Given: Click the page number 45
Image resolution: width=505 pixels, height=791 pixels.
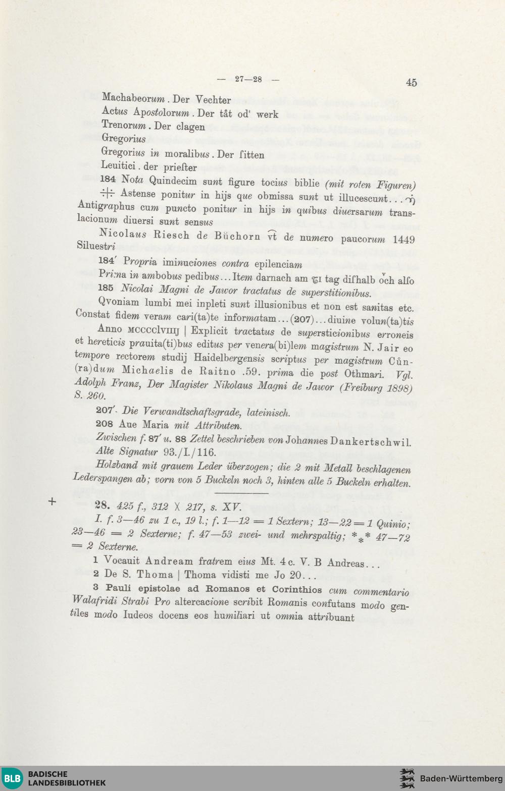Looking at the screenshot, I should click(411, 83).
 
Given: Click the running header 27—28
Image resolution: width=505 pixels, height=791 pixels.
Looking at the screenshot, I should click(248, 79).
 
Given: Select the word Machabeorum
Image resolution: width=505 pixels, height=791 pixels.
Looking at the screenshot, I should click(133, 98).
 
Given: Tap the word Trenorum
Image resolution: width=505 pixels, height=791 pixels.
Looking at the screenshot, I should click(124, 125).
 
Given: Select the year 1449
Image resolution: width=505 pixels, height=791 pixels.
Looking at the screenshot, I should click(403, 240).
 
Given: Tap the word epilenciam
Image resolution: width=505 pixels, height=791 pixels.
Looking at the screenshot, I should click(278, 264).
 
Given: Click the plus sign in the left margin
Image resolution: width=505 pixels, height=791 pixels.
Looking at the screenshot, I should click(52, 501).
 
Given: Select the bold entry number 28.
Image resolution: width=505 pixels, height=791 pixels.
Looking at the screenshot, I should click(102, 505).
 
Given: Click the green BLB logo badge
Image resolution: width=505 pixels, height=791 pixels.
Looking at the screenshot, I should click(12, 778).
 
